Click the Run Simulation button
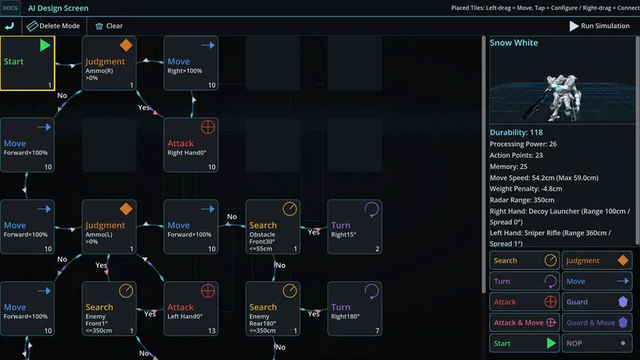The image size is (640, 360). pyautogui.click(x=599, y=26)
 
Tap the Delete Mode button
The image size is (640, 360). pyautogui.click(x=54, y=26)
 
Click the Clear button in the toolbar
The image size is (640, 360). pyautogui.click(x=109, y=26)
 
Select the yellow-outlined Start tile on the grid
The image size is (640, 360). pyautogui.click(x=28, y=63)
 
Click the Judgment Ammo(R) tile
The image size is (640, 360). pyautogui.click(x=109, y=63)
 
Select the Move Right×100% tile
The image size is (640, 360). pyautogui.click(x=191, y=63)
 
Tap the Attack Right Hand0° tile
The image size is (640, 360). pyautogui.click(x=191, y=145)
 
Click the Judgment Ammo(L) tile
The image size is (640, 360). pyautogui.click(x=109, y=227)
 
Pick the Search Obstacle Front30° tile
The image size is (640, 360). pyautogui.click(x=273, y=227)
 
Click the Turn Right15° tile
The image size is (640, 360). pyautogui.click(x=355, y=227)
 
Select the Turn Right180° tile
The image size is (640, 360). pyautogui.click(x=355, y=309)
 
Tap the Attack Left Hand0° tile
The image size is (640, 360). pyautogui.click(x=191, y=309)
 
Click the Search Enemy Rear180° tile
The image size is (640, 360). pyautogui.click(x=273, y=309)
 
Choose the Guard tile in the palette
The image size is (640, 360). pyautogui.click(x=597, y=302)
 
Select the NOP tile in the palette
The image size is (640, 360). pyautogui.click(x=597, y=344)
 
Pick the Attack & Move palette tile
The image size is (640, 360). pyautogui.click(x=525, y=323)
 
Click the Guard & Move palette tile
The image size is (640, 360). pyautogui.click(x=597, y=323)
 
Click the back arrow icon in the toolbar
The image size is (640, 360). pyautogui.click(x=10, y=26)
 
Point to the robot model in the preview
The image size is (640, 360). pyautogui.click(x=561, y=98)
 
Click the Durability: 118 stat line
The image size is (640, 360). pyautogui.click(x=516, y=132)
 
